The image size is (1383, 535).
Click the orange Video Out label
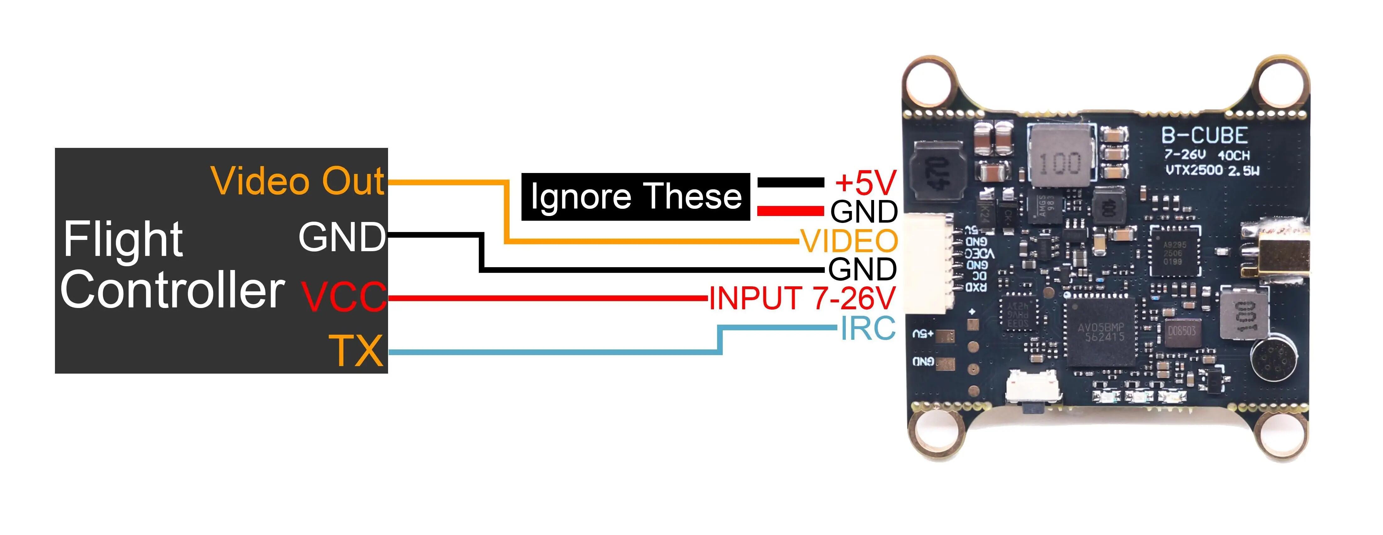(x=298, y=181)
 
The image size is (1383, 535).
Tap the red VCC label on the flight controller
(x=343, y=296)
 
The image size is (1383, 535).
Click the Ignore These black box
(x=636, y=197)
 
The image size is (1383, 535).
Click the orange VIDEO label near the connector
(x=849, y=241)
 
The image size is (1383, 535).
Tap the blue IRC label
(x=867, y=328)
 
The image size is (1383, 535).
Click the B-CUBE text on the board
(x=1204, y=136)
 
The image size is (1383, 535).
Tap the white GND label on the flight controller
(x=342, y=237)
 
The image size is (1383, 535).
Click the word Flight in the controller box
(x=123, y=240)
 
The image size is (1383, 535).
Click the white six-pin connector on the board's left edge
(x=930, y=265)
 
